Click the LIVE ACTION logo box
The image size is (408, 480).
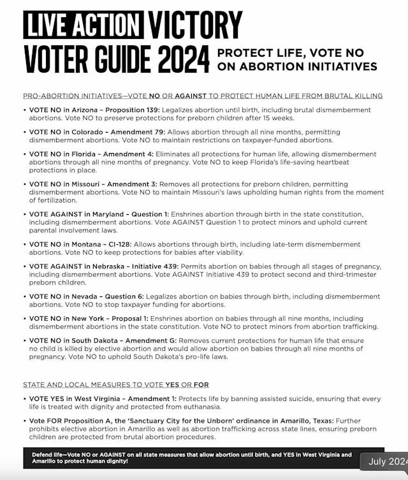tap(84, 25)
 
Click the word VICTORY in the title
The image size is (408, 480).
tap(195, 25)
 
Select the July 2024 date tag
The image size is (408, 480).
tap(384, 462)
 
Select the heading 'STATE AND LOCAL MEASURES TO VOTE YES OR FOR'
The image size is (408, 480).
tap(116, 385)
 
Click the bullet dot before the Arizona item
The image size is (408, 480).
tap(25, 110)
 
